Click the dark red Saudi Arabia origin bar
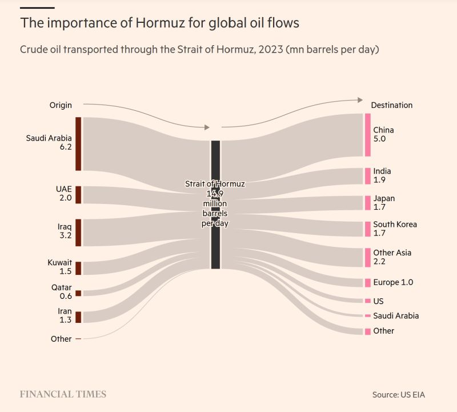click(78, 143)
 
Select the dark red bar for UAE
click(78, 194)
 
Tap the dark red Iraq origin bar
click(78, 232)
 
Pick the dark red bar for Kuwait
click(78, 268)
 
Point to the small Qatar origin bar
click(78, 293)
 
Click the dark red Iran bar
click(78, 317)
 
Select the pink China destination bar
click(367, 135)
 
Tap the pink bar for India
click(367, 176)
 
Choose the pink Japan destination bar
click(367, 203)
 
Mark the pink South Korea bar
click(367, 229)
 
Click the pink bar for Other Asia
click(367, 257)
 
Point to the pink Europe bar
click(367, 282)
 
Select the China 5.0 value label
click(380, 139)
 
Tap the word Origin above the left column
click(60, 105)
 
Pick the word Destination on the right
click(391, 105)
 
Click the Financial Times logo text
click(63, 394)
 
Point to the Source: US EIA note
click(398, 395)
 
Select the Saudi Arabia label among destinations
click(396, 315)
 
